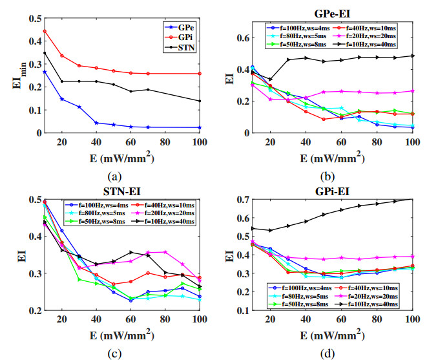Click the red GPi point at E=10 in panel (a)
pyautogui.click(x=45, y=31)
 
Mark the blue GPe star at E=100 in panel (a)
pyautogui.click(x=200, y=127)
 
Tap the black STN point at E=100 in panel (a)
pyautogui.click(x=200, y=101)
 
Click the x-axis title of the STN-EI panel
pyautogui.click(x=122, y=336)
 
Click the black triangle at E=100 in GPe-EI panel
pyautogui.click(x=411, y=56)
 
